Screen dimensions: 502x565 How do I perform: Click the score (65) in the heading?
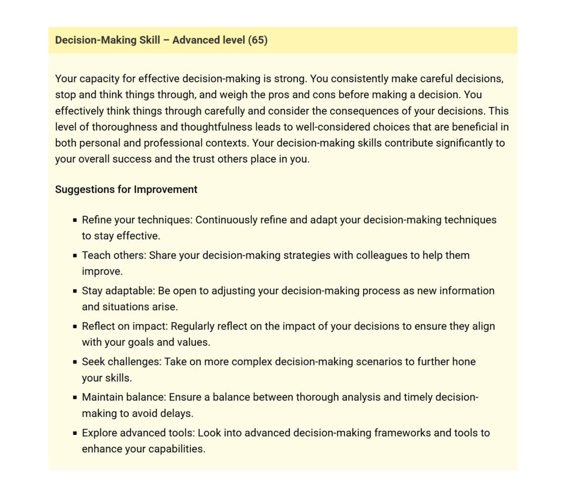258,40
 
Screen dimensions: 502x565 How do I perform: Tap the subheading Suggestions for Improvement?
126,189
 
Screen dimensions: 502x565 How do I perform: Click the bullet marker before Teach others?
74,256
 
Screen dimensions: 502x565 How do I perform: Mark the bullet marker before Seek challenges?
74,362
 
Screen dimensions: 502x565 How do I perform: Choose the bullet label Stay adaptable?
116,291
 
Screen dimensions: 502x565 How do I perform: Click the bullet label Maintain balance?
124,397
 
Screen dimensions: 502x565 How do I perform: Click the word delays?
177,413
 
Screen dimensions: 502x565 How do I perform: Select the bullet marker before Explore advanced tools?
74,433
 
